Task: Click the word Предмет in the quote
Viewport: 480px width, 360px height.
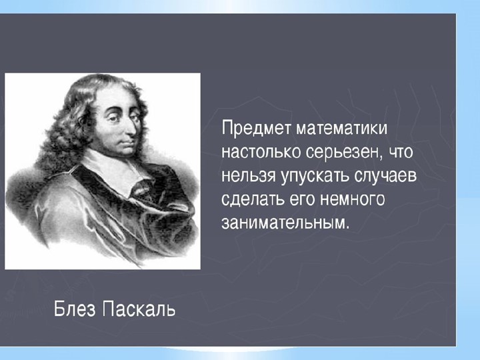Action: point(256,127)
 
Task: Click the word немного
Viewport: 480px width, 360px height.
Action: point(354,199)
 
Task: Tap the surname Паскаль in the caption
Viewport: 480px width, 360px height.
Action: point(140,310)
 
